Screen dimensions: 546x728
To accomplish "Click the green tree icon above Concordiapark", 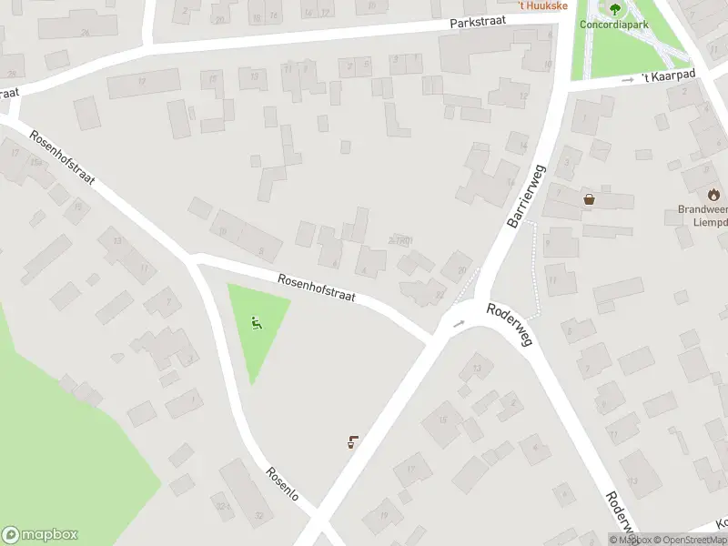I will pos(615,10).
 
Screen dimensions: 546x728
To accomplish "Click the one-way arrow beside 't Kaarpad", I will pos(627,80).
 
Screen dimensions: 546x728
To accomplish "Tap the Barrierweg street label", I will pos(525,196).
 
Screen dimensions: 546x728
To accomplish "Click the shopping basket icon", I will pos(589,198).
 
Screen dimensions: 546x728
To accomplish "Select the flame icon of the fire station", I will pos(713,194).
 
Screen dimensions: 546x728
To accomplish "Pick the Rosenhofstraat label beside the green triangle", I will pos(316,288).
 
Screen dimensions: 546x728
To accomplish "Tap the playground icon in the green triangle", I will pos(257,322).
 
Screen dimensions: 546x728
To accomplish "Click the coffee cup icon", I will pos(352,442).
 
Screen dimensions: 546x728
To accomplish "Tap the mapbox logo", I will pos(40,535).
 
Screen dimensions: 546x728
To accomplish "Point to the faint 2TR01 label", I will pos(400,240).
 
